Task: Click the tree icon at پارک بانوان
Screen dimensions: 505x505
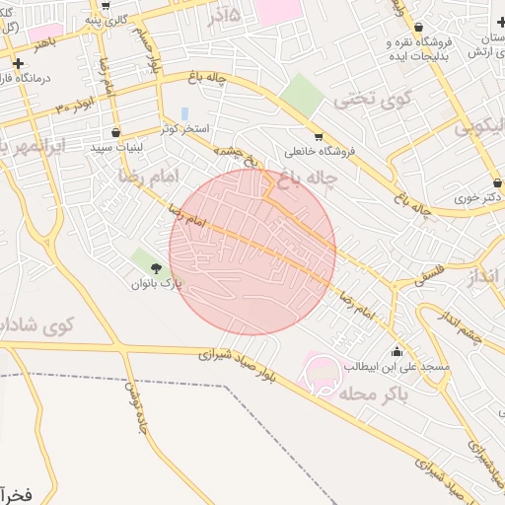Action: point(156,267)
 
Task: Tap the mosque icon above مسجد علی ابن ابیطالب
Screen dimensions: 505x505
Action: point(397,351)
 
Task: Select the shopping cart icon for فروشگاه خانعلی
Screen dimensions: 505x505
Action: point(318,136)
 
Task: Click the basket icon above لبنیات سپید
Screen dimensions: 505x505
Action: point(116,131)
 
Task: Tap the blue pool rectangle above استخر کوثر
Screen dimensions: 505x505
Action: point(184,113)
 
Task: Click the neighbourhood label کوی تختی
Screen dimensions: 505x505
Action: point(363,99)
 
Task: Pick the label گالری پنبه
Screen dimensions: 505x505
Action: point(106,19)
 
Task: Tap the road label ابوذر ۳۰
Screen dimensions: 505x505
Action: point(76,104)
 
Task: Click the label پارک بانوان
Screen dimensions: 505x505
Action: point(158,284)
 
